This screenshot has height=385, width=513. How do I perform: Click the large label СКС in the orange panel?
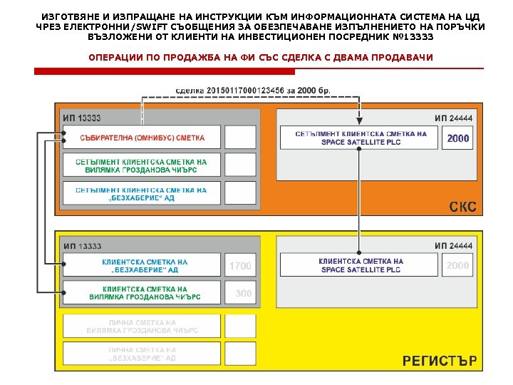[462, 207]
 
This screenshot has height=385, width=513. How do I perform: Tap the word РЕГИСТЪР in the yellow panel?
[440, 361]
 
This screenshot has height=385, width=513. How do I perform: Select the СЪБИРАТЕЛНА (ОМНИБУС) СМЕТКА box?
[142, 138]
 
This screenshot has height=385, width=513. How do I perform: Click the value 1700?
[240, 266]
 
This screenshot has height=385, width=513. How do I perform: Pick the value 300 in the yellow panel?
[243, 293]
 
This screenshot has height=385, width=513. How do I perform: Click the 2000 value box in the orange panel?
[457, 138]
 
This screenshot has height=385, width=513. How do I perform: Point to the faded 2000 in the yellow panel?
[457, 266]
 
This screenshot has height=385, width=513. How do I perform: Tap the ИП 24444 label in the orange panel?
[453, 118]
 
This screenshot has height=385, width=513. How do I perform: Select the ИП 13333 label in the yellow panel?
[82, 246]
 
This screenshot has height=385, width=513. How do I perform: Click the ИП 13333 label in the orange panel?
[82, 118]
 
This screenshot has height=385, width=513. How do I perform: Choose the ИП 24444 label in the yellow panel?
[453, 246]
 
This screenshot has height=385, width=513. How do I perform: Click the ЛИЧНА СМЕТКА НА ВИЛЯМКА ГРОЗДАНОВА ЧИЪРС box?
[142, 327]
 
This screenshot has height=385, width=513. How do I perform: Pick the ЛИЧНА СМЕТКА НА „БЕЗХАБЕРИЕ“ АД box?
[142, 354]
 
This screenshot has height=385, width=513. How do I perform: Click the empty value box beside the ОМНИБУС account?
[240, 138]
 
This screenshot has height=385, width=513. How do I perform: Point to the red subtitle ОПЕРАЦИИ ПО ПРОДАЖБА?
[260, 57]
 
